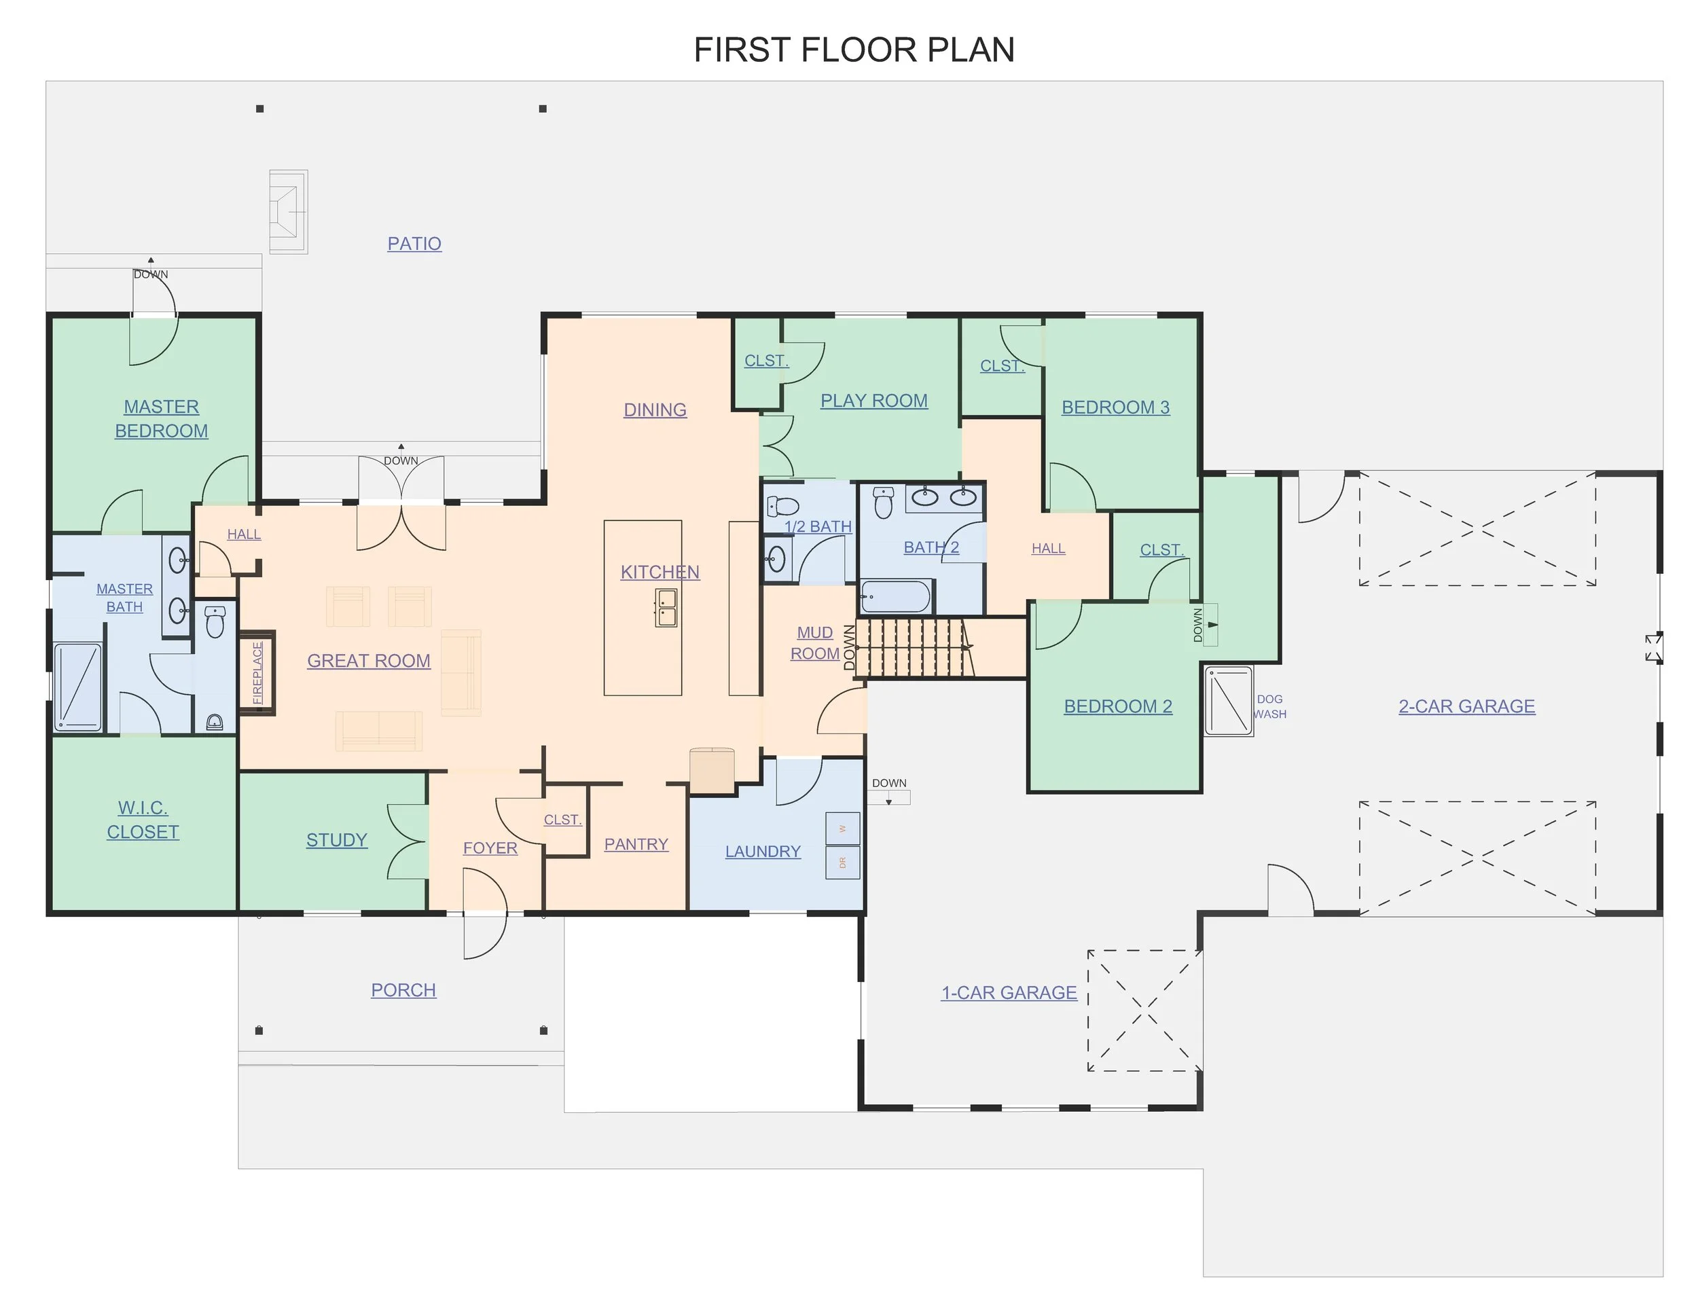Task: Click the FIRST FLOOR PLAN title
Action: tap(854, 50)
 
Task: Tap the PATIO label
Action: tap(414, 244)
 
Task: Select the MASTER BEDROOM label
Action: tap(162, 419)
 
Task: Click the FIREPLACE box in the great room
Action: tap(257, 673)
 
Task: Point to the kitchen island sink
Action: tap(666, 608)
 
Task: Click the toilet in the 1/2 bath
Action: tap(783, 507)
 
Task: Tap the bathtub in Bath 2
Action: tap(897, 596)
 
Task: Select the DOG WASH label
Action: tap(1269, 706)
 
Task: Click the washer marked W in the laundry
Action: tap(843, 829)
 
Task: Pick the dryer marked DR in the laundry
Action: tap(843, 862)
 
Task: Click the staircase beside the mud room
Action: tap(914, 648)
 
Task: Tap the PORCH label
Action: tap(403, 989)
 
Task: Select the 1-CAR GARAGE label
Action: tap(1009, 993)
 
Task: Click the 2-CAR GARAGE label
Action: tap(1467, 706)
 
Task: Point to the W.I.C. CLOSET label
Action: tap(143, 820)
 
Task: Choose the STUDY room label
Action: tap(336, 840)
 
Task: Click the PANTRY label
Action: tap(636, 843)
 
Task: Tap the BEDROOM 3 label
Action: tap(1116, 407)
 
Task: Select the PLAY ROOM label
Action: tap(874, 401)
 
